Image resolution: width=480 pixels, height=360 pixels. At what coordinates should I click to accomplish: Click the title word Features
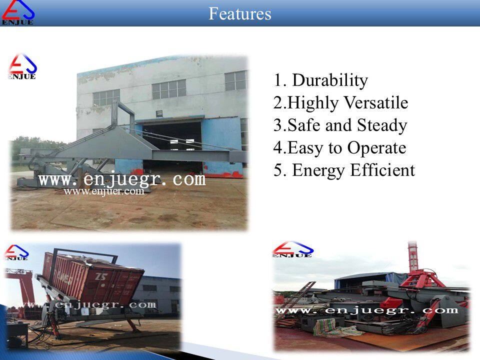point(239,14)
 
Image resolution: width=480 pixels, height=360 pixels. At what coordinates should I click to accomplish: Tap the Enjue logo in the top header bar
point(18,12)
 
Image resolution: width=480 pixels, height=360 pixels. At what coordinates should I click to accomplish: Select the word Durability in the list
point(330,80)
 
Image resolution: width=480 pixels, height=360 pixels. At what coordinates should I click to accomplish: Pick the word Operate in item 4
point(376,148)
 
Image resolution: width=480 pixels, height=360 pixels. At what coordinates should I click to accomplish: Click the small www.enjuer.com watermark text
point(104,191)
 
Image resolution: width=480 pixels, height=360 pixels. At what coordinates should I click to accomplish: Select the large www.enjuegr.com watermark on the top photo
point(122,179)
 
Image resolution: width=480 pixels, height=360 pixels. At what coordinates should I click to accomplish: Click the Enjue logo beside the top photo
point(22,66)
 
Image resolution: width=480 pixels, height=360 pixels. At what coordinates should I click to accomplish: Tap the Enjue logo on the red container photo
point(16,252)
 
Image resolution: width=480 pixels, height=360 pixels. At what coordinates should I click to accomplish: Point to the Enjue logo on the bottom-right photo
point(293,249)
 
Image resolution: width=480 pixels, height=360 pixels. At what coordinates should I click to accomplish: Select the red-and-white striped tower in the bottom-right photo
point(413,256)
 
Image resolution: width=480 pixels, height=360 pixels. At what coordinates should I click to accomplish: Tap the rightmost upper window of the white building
point(235,81)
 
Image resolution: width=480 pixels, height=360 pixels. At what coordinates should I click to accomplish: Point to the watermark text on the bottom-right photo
point(367,310)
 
